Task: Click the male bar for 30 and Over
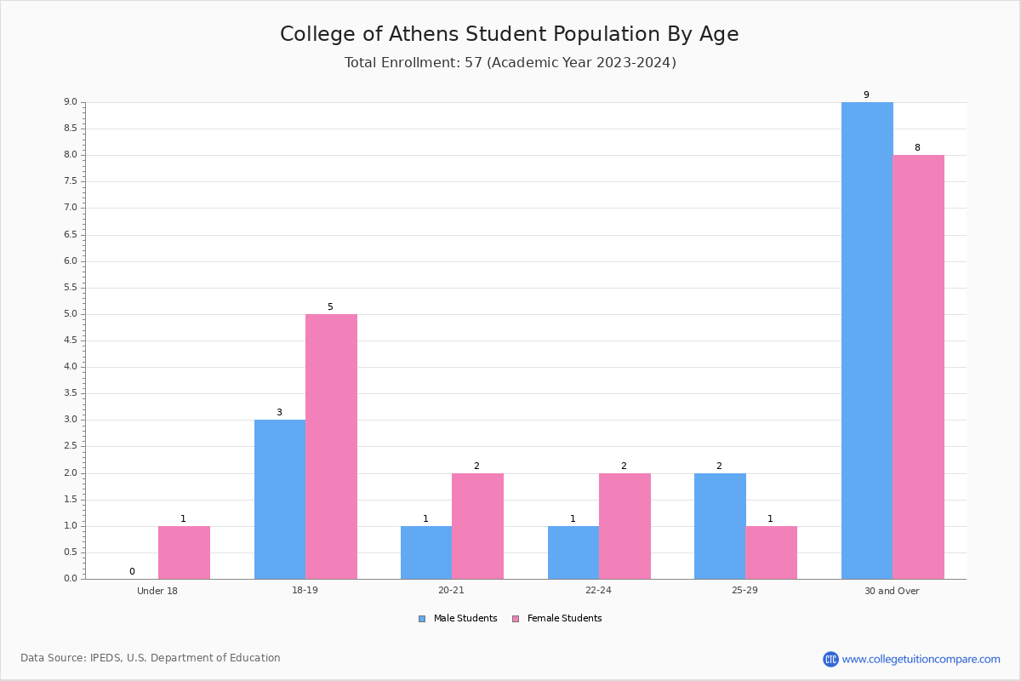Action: (867, 340)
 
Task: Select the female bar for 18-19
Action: (331, 447)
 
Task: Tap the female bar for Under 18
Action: (184, 552)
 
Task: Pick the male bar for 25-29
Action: (720, 526)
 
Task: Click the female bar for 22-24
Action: (625, 526)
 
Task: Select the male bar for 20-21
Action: (426, 552)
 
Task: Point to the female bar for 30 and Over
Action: (918, 367)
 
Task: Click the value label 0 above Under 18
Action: (132, 571)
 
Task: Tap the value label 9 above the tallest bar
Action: (866, 94)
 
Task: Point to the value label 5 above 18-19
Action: (330, 306)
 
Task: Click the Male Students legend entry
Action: (458, 618)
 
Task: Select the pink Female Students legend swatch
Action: (516, 619)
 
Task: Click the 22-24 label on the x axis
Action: (598, 590)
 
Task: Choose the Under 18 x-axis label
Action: (157, 591)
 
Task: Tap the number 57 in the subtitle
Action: (474, 62)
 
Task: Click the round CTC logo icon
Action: (830, 659)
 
